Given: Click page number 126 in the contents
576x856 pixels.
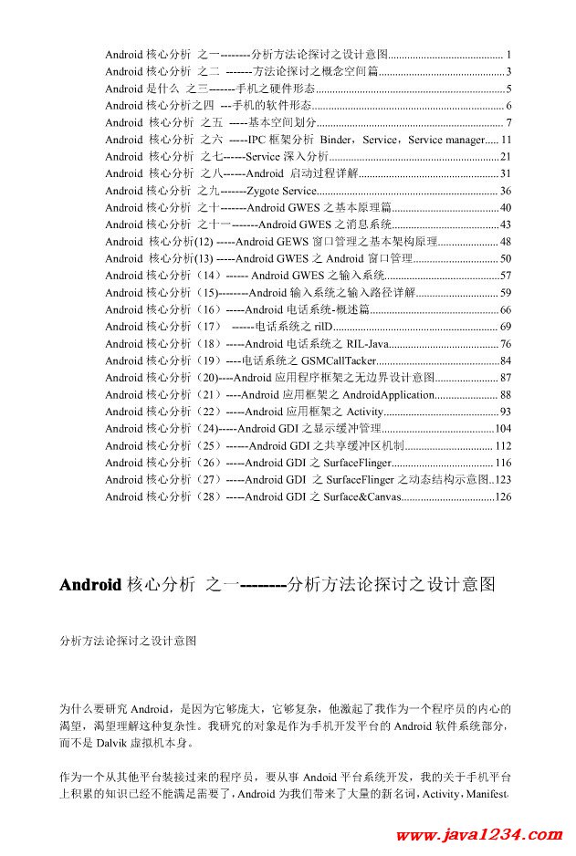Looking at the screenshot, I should (x=503, y=497).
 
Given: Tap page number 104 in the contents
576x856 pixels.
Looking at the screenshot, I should (x=503, y=429).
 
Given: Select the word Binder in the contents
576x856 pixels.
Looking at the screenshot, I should (x=337, y=140).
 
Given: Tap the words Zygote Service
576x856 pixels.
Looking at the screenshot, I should (x=280, y=191).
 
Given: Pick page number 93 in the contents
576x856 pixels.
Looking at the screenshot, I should (x=506, y=412).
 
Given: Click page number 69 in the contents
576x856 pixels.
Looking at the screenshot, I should (x=506, y=327).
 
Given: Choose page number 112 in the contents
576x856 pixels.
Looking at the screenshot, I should (x=503, y=446).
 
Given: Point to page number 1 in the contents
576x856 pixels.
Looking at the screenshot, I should (x=508, y=55).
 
